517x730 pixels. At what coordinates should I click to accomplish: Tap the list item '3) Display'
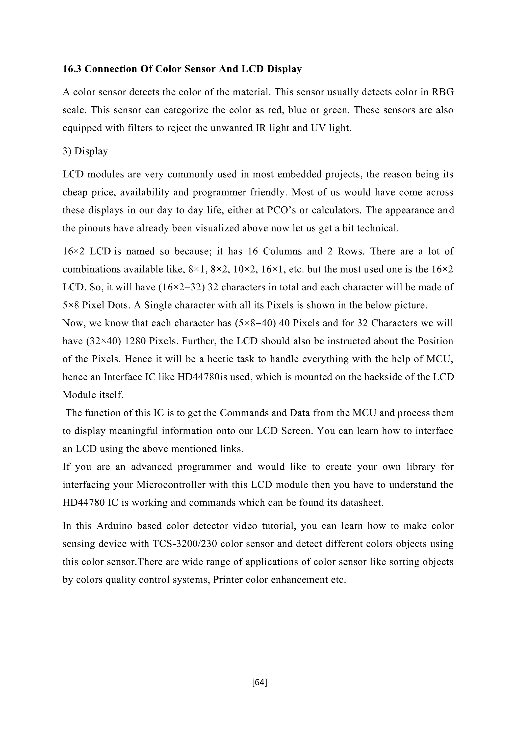(85, 151)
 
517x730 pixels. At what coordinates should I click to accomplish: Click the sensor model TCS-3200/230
(185, 544)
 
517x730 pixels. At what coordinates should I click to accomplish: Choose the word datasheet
(362, 503)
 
